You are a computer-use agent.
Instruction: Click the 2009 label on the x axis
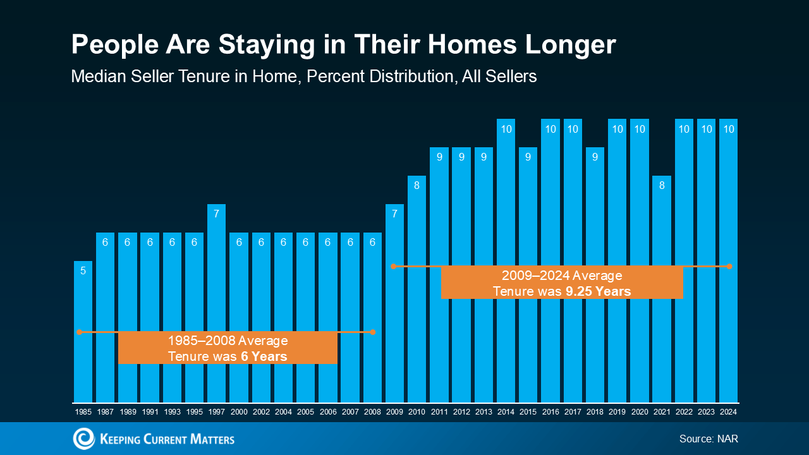pyautogui.click(x=394, y=412)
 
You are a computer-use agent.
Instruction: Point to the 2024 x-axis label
pyautogui.click(x=728, y=412)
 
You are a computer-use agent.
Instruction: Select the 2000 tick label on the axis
pyautogui.click(x=239, y=412)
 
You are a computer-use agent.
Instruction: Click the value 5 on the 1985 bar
pyautogui.click(x=83, y=270)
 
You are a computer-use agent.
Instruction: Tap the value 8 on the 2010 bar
pyautogui.click(x=417, y=186)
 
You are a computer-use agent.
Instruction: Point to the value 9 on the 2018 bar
pyautogui.click(x=595, y=157)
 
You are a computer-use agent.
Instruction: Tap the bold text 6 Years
pyautogui.click(x=264, y=357)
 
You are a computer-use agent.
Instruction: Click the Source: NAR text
pyautogui.click(x=709, y=439)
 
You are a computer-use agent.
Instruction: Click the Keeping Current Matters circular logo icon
pyautogui.click(x=83, y=439)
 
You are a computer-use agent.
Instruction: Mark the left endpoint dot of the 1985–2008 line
pyautogui.click(x=80, y=332)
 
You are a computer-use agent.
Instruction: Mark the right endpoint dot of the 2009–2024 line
pyautogui.click(x=729, y=267)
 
